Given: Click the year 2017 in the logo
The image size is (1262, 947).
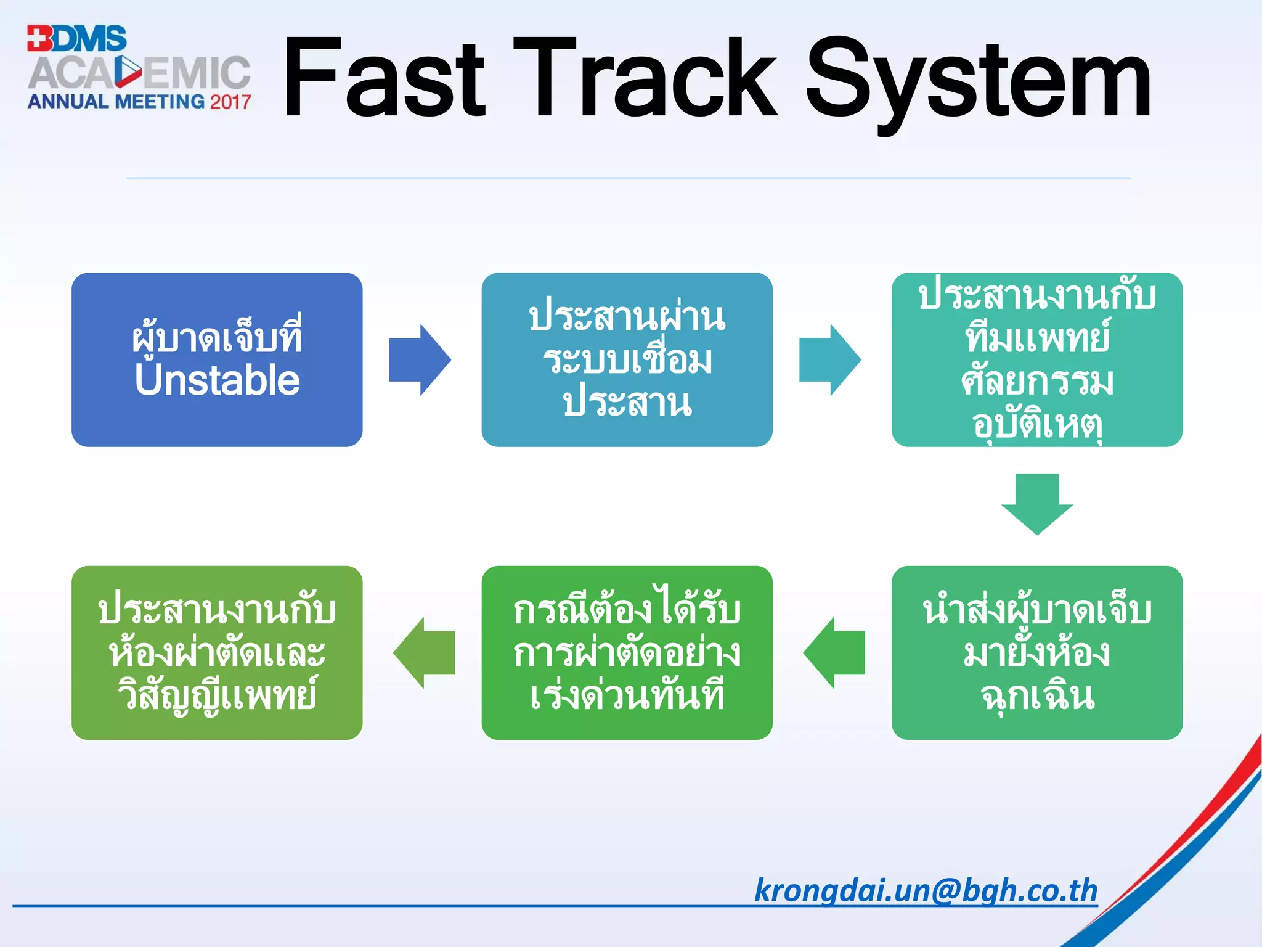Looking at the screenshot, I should point(230,102).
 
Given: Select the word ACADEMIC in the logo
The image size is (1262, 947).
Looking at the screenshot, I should point(139,73).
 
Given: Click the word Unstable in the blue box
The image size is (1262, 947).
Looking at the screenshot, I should point(217,380).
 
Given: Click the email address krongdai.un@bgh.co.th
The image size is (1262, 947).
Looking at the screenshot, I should point(926,891).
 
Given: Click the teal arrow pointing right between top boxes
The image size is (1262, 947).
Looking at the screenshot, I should point(829,359).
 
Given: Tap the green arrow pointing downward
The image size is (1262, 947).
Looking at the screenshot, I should point(1037,503).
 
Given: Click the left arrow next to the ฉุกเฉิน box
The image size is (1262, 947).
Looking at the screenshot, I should point(834,652).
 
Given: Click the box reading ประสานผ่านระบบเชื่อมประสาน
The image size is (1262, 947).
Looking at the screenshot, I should point(627,359).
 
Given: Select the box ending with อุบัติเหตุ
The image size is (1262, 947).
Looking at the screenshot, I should point(1037,359).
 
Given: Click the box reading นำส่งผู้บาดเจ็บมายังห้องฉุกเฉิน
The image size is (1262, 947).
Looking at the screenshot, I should point(1037,652).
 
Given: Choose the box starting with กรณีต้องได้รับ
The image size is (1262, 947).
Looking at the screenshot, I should point(627,652).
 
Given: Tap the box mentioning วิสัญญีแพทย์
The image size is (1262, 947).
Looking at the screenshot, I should point(217,652).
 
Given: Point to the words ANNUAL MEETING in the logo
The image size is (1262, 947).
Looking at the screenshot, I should point(116,102).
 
